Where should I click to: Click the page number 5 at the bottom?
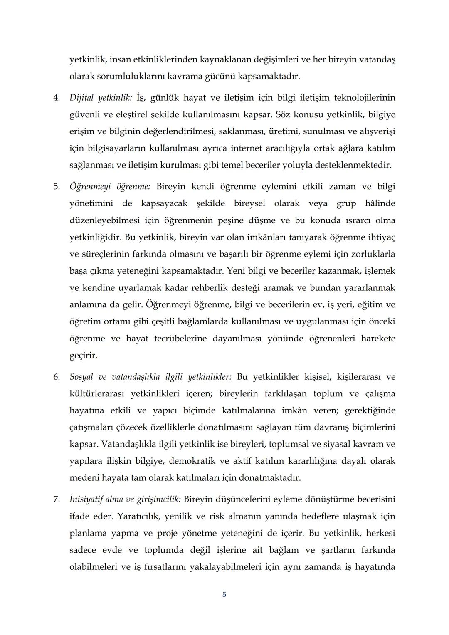pyautogui.click(x=224, y=595)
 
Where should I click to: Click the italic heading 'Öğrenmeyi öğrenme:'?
pyautogui.click(x=110, y=186)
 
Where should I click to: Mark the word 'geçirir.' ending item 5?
pyautogui.click(x=83, y=356)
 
